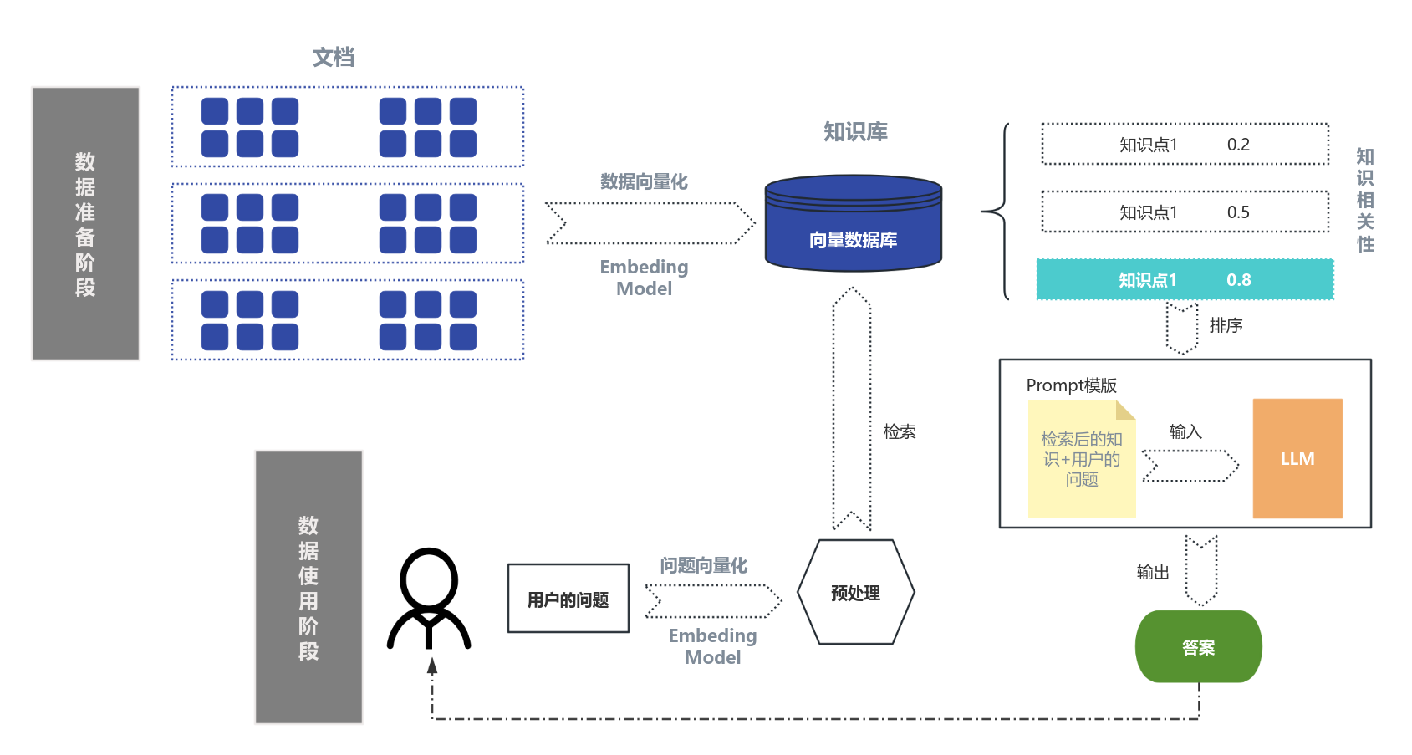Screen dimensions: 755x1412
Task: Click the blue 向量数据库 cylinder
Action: coord(853,226)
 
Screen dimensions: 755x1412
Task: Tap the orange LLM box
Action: coord(1297,458)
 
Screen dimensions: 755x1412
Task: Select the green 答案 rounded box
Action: coord(1198,646)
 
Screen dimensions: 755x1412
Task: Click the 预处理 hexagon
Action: coord(855,592)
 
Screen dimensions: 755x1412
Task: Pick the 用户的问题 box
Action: coord(568,599)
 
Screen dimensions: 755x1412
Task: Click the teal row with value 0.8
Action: coord(1184,279)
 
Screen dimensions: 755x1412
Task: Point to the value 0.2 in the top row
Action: coord(1238,145)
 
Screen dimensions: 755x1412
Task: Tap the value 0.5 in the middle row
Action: coord(1238,212)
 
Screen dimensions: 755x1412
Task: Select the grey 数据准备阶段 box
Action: coord(85,223)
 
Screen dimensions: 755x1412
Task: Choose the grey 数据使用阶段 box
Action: coord(308,587)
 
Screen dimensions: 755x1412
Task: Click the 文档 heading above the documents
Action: coord(334,57)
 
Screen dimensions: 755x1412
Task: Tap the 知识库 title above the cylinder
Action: coord(855,131)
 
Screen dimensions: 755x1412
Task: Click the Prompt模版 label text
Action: coord(1071,385)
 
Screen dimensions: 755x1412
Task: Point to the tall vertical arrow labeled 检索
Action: coord(852,410)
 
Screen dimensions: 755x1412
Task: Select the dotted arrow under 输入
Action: coord(1190,466)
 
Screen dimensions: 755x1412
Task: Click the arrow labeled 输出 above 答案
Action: coord(1201,570)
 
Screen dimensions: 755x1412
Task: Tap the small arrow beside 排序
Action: coord(1182,328)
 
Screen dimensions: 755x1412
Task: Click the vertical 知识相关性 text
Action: coord(1365,200)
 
